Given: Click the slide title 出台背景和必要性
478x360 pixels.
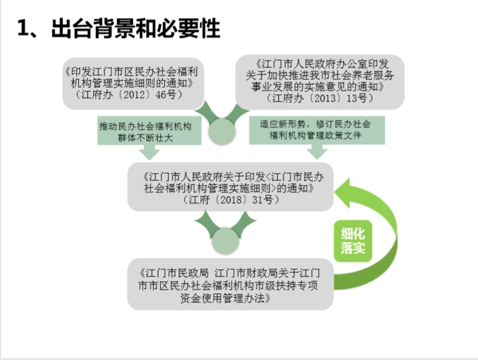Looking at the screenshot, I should [x=136, y=28].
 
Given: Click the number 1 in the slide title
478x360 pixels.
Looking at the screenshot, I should [x=24, y=28].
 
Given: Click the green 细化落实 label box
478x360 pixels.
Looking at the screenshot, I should [x=353, y=240].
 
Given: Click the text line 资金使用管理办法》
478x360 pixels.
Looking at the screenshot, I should [x=232, y=298].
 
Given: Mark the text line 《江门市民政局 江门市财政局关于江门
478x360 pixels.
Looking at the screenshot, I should [x=230, y=272].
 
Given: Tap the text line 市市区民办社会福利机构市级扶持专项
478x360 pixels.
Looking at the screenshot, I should [x=230, y=285].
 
